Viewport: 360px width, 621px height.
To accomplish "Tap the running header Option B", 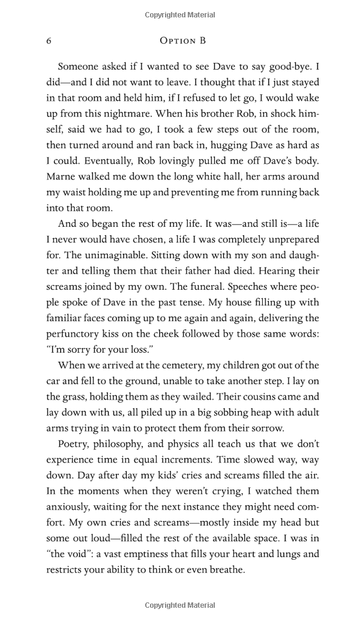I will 183,41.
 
